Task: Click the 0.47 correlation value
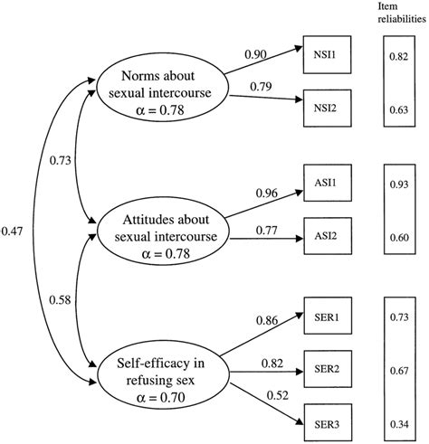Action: point(14,231)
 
